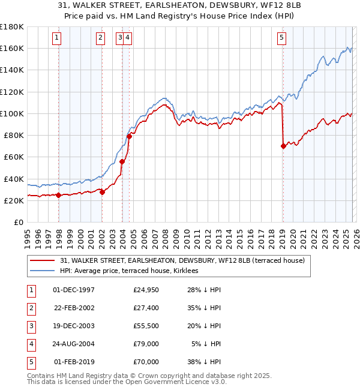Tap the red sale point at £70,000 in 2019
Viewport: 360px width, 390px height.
283,146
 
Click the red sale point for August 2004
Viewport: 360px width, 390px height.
129,136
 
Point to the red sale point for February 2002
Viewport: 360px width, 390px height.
102,192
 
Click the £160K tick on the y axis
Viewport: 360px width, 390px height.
12,48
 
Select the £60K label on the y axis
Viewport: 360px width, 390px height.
14,157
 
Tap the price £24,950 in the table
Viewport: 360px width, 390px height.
146,290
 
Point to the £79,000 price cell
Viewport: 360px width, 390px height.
146,344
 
